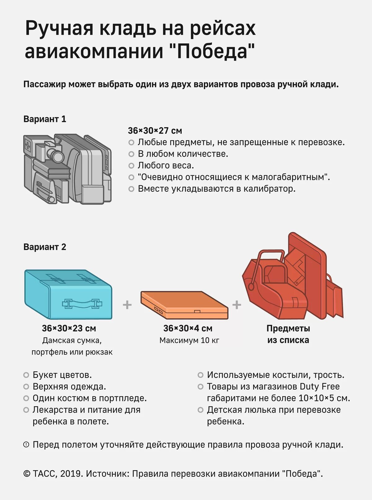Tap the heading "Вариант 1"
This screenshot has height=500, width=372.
45,119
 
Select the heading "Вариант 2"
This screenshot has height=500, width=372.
45,247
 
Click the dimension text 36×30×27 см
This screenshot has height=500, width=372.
155,131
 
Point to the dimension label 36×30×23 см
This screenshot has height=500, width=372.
69,328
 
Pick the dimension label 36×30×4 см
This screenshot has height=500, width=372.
188,328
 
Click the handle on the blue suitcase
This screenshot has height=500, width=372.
82,303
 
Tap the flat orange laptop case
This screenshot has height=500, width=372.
184,305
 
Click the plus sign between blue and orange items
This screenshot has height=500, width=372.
127,305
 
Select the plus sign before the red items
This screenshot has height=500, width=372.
237,305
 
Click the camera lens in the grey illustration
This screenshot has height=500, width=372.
56,155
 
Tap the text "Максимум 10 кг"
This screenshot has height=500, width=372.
189,340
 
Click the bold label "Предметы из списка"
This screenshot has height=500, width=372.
288,334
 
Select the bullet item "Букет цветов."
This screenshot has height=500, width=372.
62,375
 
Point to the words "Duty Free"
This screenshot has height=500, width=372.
320,386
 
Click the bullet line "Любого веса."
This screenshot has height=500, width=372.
166,165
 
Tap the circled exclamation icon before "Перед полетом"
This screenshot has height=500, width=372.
26,444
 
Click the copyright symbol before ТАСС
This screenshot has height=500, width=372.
27,474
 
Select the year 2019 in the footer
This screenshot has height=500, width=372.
71,474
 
